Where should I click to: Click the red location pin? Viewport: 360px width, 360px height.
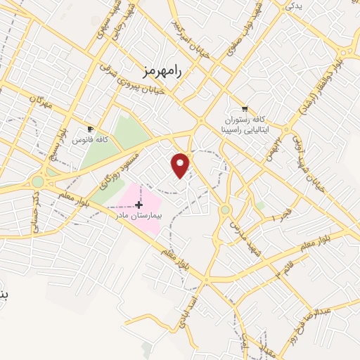coord(181,165)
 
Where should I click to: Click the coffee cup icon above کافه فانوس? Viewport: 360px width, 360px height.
coord(90,129)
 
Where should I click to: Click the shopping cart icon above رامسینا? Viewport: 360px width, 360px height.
coord(244,109)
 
